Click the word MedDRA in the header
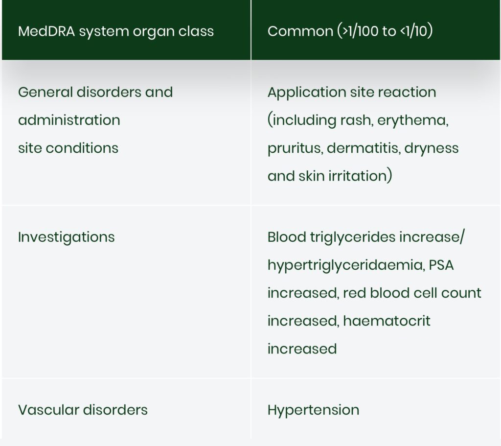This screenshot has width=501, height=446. point(46,31)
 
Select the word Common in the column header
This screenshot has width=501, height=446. point(300,31)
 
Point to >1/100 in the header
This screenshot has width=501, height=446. point(360,31)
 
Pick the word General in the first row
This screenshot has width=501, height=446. point(46,92)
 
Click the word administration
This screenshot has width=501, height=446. point(69,120)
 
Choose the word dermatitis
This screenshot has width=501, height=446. point(364,148)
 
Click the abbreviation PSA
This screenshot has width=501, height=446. point(441,265)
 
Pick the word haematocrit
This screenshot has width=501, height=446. point(387,321)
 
